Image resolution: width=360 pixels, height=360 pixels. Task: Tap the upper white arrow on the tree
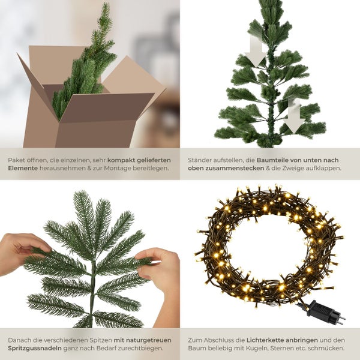click(256, 53)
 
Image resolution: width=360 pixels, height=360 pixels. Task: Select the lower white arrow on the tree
click(295, 115)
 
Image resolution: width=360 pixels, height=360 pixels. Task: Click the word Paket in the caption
click(17, 160)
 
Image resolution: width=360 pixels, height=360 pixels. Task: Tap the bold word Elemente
click(23, 169)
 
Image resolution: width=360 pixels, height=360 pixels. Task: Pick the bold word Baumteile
click(275, 160)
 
